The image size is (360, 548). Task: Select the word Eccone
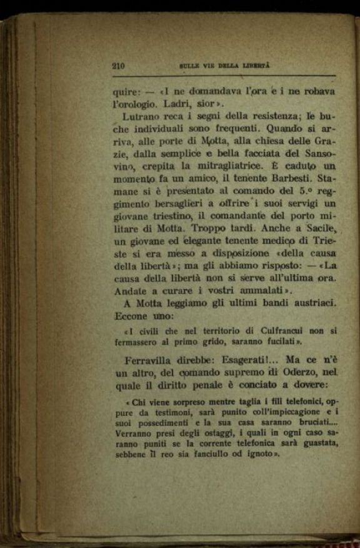(131, 316)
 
